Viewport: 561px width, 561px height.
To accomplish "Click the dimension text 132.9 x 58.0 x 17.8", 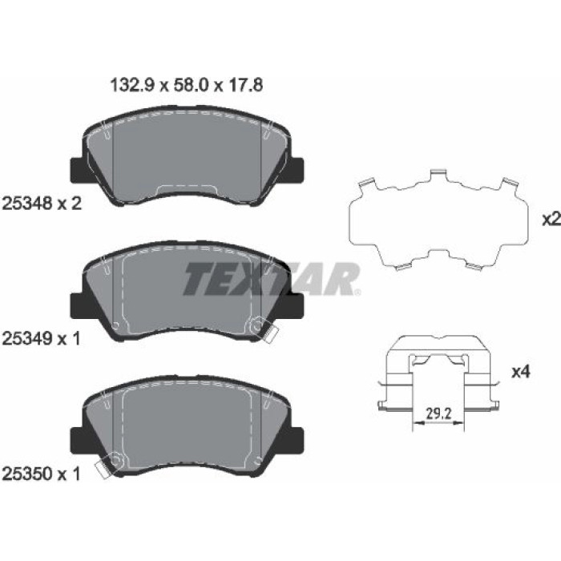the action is [x=187, y=86].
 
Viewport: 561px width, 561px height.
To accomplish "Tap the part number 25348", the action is [x=27, y=204].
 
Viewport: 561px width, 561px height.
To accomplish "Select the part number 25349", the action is [x=27, y=338].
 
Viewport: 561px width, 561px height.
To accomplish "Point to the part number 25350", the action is [x=27, y=474].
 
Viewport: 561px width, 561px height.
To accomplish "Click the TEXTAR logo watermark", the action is [x=271, y=279].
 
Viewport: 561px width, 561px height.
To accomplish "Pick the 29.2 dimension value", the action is [x=438, y=414].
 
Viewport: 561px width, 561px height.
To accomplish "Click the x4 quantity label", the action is [x=521, y=373].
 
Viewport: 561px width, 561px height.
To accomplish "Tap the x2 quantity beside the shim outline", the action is [x=551, y=220].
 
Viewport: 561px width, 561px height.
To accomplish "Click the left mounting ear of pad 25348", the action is [x=77, y=170].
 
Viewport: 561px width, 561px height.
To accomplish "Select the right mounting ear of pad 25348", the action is [x=297, y=170].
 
